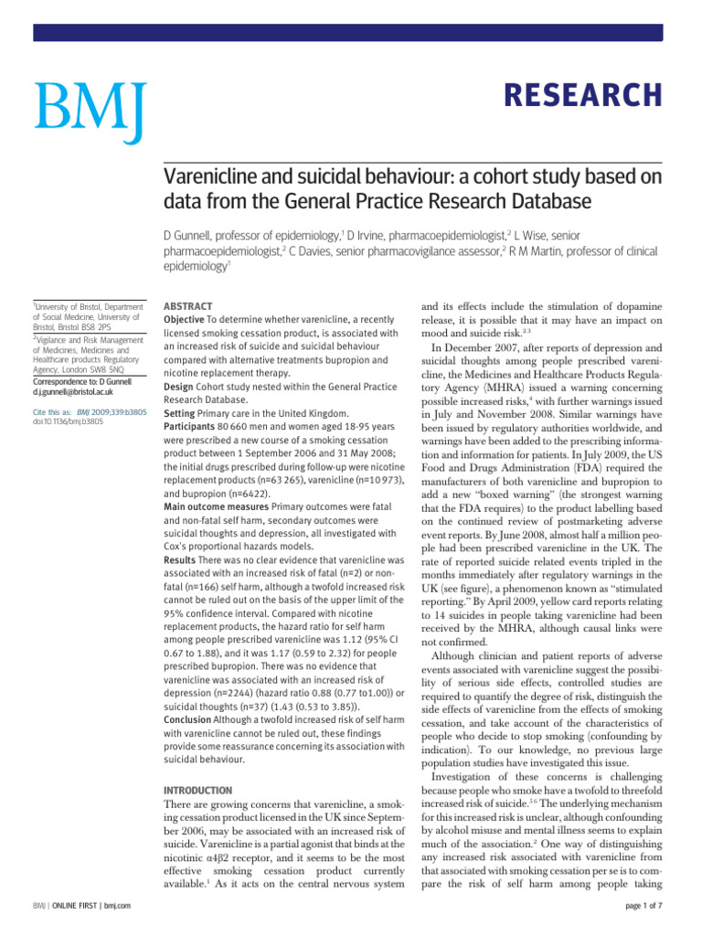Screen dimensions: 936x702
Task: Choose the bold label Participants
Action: (195, 432)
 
